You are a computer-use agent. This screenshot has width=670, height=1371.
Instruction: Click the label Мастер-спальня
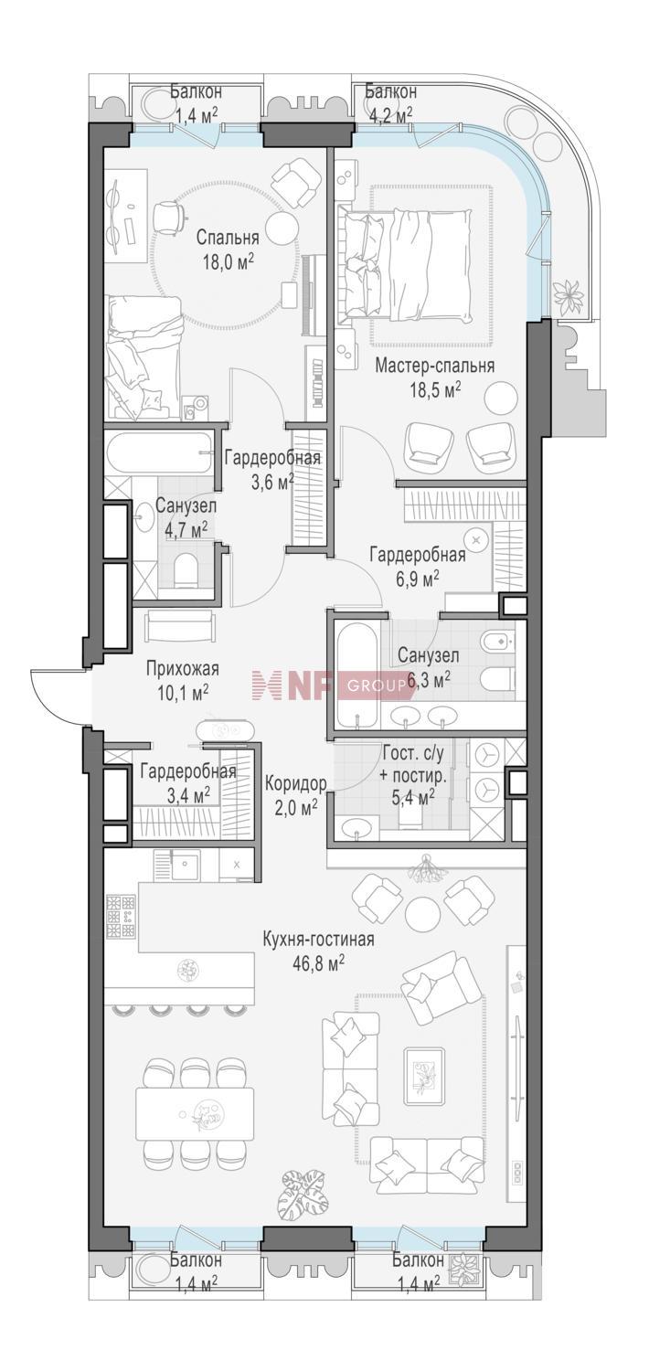click(434, 366)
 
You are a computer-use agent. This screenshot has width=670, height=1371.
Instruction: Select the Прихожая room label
click(182, 669)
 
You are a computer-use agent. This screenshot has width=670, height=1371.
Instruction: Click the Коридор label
click(295, 784)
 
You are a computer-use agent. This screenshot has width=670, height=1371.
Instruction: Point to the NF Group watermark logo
click(330, 685)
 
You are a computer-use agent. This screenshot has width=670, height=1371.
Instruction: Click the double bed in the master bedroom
click(408, 263)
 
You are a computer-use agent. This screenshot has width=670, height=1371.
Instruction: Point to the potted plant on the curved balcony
click(569, 292)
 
